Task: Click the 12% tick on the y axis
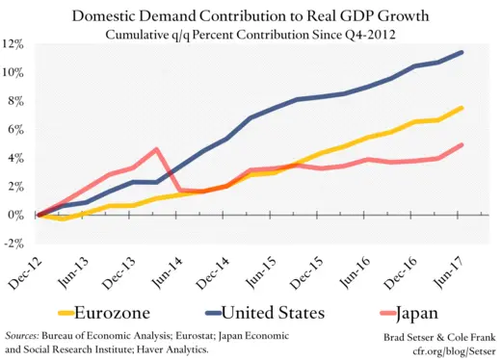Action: click(13, 44)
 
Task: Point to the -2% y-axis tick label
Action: click(13, 244)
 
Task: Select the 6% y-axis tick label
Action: click(15, 130)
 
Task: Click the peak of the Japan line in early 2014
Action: click(156, 149)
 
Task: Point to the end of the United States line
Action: click(462, 52)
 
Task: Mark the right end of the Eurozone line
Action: click(462, 108)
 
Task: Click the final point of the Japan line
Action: click(462, 145)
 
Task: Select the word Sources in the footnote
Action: click(26, 335)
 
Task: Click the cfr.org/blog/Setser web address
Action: click(453, 350)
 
